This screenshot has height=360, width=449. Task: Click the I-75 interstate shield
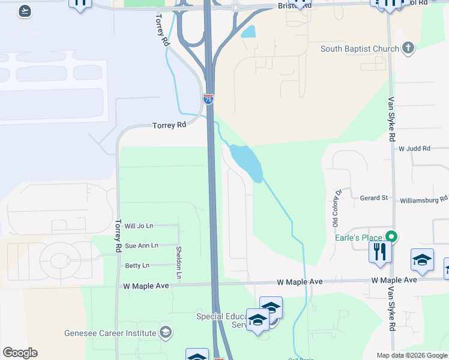[208, 99]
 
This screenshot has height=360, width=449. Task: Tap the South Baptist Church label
[360, 49]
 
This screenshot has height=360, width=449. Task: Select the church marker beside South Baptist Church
[408, 49]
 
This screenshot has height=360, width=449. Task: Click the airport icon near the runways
[25, 11]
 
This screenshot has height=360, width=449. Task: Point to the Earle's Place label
[358, 237]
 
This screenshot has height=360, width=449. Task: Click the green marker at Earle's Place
[391, 236]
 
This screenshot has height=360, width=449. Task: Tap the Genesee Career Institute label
[111, 332]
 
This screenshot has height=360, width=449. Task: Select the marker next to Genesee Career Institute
[166, 332]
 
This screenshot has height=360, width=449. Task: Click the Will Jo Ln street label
[139, 226]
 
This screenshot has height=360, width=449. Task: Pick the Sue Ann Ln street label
[142, 245]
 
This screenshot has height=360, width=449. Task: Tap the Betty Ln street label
[137, 265]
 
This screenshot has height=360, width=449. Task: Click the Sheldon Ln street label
[178, 262]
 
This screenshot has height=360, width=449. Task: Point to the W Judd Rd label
[414, 148]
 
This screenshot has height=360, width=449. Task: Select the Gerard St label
[374, 197]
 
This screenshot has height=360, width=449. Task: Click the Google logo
[20, 353]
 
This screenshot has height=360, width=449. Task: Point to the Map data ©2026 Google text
[412, 355]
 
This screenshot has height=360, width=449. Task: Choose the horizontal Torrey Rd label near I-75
[169, 125]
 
